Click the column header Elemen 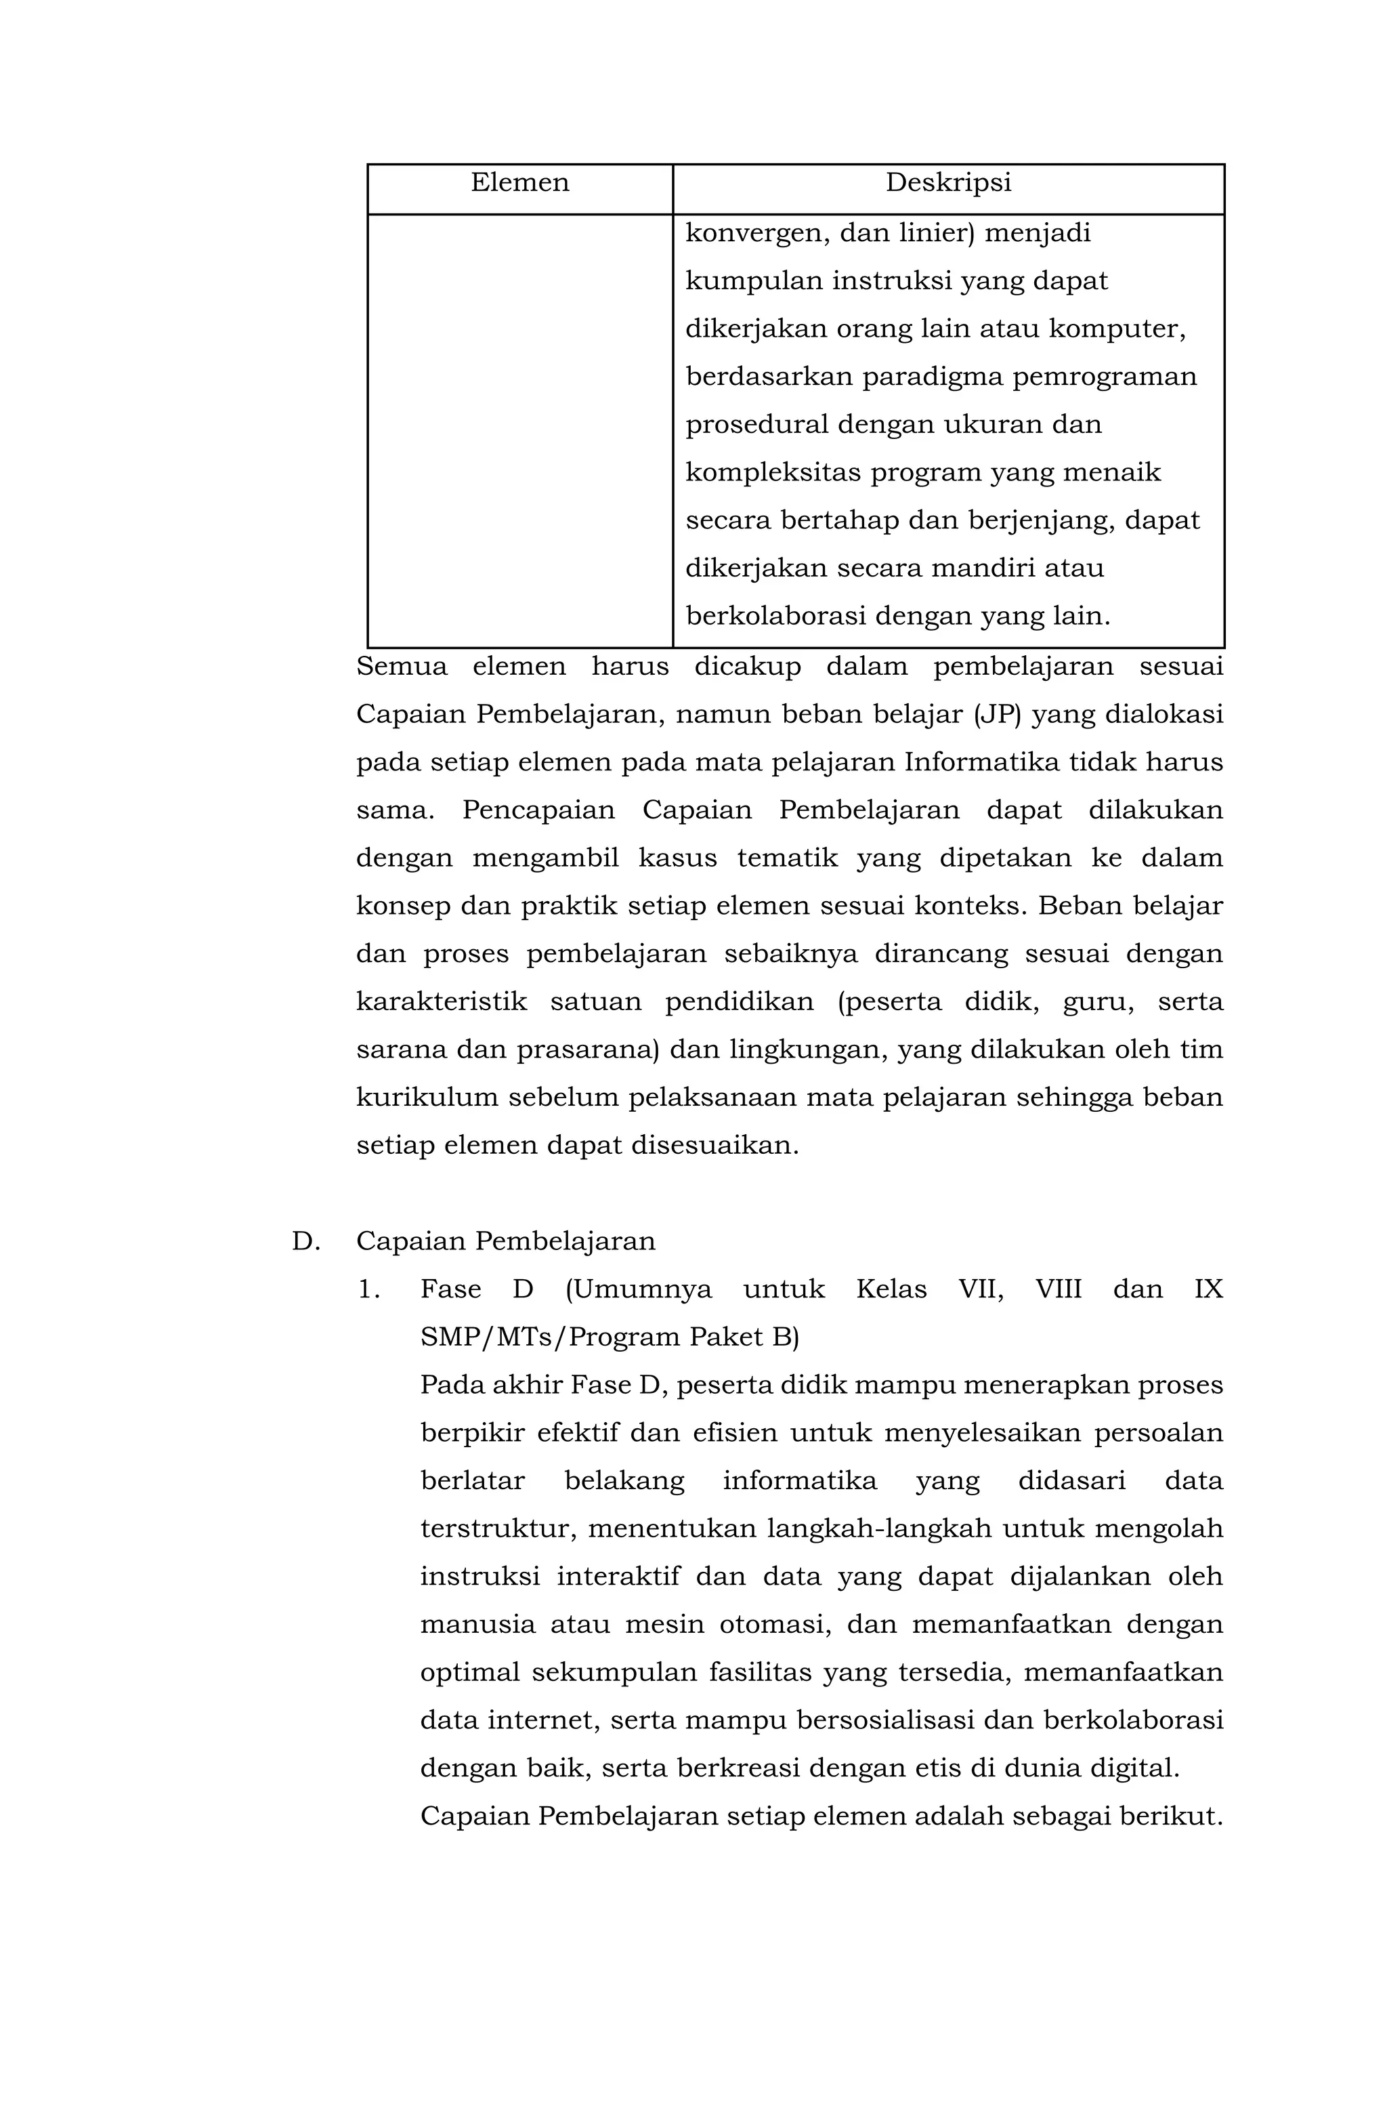point(519,183)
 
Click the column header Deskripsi point(947,183)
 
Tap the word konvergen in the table point(756,234)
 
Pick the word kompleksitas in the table point(771,472)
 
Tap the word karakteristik point(442,1002)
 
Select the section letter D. point(305,1242)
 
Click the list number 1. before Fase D point(369,1290)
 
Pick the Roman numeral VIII point(1057,1290)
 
